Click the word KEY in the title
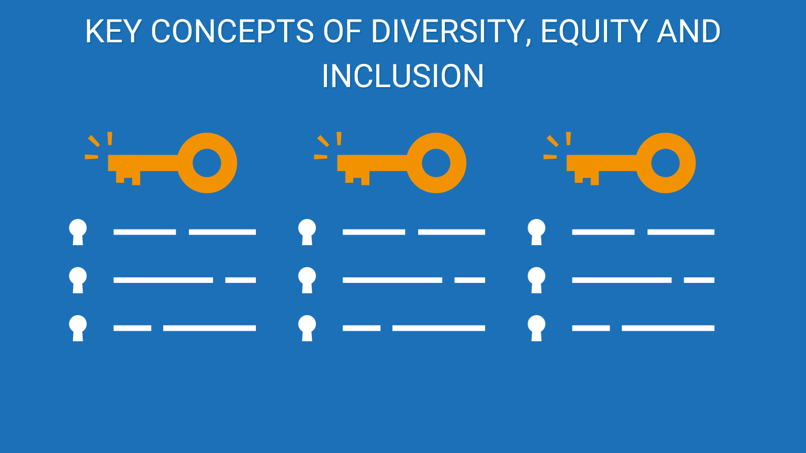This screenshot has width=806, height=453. [x=112, y=31]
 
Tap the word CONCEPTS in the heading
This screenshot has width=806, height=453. [x=232, y=31]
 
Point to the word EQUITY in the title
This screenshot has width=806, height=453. [x=594, y=32]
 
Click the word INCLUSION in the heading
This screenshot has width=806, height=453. [x=402, y=76]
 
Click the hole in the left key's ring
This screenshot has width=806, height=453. [x=207, y=163]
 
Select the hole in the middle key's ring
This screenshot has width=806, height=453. [x=436, y=163]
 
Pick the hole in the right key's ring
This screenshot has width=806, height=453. [x=665, y=163]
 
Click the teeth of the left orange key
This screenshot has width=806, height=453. [x=128, y=178]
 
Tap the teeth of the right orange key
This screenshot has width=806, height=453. [x=587, y=178]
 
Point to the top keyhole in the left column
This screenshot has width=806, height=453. [x=78, y=232]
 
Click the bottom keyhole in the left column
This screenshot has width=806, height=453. [x=78, y=328]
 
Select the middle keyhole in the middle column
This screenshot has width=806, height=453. [x=307, y=280]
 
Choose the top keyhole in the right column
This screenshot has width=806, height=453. [x=536, y=232]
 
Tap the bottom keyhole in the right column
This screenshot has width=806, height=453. [x=536, y=328]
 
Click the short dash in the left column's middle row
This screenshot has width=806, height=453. [x=240, y=280]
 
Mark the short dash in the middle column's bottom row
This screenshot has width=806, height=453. [x=362, y=328]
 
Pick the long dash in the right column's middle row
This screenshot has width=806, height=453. [x=622, y=280]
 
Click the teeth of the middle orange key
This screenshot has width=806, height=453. [x=357, y=178]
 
